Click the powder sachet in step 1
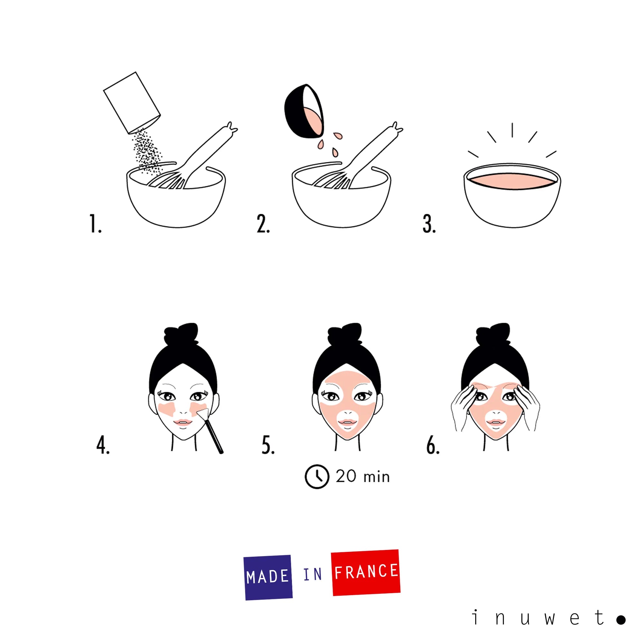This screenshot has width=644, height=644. click(132, 102)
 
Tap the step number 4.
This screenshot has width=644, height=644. click(103, 445)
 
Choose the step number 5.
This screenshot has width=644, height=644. click(268, 445)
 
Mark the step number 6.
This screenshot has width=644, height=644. click(433, 445)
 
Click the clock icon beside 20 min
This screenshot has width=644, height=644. click(317, 477)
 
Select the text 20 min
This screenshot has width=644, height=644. click(363, 477)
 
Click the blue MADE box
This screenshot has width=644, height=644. click(268, 577)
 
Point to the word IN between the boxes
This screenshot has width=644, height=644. click(312, 574)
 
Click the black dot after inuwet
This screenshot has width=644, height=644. click(621, 620)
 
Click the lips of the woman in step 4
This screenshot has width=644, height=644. click(182, 423)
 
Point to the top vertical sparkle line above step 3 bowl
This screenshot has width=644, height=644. click(512, 130)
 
